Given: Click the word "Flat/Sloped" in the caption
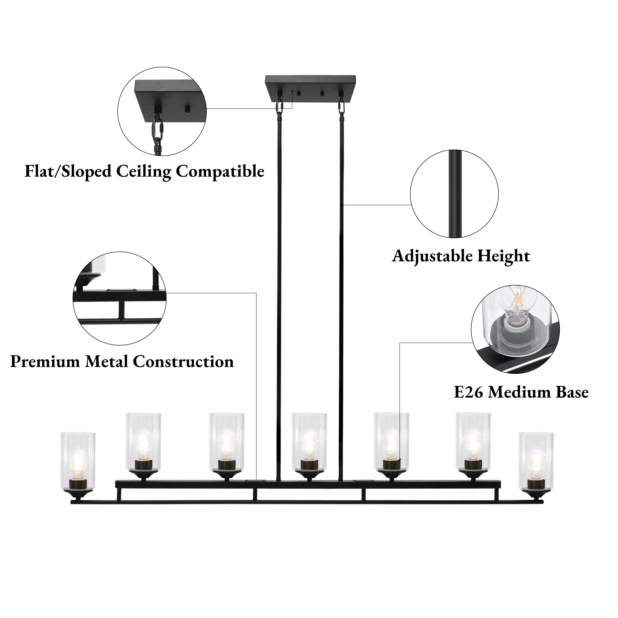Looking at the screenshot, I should [68, 171].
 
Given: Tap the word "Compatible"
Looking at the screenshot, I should [220, 172].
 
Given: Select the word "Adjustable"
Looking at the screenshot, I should [432, 256].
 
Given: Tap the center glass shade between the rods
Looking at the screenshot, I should [309, 442].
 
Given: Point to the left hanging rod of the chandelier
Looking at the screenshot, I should [279, 288].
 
